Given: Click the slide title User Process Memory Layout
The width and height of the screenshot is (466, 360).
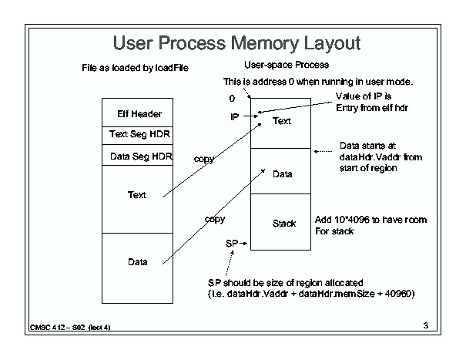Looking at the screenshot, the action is [236, 43].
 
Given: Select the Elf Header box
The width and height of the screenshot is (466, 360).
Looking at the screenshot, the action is [137, 113].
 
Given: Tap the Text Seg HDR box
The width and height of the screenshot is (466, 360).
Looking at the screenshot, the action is [137, 136].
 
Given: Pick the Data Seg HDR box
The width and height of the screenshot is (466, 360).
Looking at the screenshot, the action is [137, 155].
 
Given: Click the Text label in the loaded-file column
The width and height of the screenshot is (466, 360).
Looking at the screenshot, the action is [137, 195].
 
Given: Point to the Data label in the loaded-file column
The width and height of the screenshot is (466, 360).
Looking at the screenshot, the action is [138, 262].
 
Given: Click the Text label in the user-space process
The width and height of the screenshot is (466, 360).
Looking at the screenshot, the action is [282, 121].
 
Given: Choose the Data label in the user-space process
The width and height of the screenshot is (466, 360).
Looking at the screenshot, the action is [283, 174].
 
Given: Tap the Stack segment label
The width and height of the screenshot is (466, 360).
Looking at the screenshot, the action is [284, 224].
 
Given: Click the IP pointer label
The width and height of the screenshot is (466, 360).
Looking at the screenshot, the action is [234, 117].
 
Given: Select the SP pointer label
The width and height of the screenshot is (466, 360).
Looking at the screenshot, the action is [232, 244].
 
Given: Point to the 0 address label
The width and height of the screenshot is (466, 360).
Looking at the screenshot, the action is [232, 99].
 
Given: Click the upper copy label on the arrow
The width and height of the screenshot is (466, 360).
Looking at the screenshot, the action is [204, 159].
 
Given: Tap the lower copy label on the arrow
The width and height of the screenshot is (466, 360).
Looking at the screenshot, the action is [215, 219].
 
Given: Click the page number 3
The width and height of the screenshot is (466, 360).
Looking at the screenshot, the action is [426, 325].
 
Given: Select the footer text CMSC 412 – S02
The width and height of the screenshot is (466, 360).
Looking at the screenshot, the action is [57, 328].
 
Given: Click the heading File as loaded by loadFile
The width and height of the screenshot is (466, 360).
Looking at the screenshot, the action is [136, 68].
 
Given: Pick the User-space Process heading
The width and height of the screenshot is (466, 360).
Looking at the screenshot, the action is [287, 65].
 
